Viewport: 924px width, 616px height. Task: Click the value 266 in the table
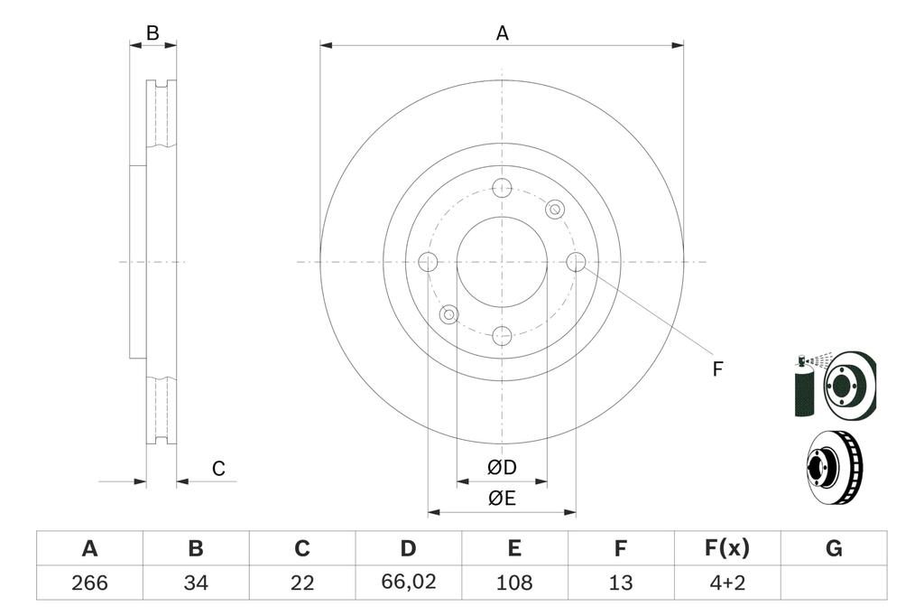pos(89,583)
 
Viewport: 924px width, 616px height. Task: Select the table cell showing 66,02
pos(409,583)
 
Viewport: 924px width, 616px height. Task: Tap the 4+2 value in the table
pos(726,583)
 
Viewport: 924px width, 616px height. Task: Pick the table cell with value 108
pos(514,583)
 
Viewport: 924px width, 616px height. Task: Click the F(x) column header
pos(726,548)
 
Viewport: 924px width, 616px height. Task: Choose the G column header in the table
pos(834,548)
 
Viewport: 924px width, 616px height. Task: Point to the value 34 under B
pos(195,583)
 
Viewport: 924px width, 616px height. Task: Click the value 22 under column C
pos(302,583)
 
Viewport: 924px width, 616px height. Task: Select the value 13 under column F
pos(621,583)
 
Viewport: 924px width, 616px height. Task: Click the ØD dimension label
pos(502,468)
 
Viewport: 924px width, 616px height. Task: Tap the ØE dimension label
pos(502,499)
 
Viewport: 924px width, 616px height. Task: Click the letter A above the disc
pos(503,33)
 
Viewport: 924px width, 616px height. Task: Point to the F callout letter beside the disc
pos(717,369)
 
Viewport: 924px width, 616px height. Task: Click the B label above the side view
pos(152,33)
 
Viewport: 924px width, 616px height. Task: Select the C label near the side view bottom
pos(218,469)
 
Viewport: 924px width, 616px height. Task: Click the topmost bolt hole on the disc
pos(502,188)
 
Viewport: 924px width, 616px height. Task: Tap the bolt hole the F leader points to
pos(577,262)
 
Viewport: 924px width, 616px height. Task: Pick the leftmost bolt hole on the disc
pos(428,262)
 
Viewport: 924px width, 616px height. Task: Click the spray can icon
pos(804,387)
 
